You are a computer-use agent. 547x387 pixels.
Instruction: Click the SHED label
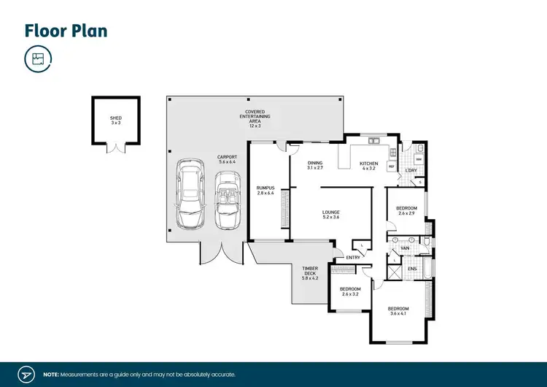point(116,120)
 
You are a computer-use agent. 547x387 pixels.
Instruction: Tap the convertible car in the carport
point(228,199)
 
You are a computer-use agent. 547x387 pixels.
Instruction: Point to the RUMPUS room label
point(265,190)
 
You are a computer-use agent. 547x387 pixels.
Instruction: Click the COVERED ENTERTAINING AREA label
point(256,118)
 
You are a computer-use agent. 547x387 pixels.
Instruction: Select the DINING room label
point(315,166)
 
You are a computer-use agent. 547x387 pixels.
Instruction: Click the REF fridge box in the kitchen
point(391,167)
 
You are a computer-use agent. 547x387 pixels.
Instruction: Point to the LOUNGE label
point(332,215)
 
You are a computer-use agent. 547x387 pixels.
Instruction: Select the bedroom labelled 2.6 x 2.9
point(406,210)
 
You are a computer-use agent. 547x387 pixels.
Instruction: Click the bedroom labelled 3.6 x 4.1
point(398,311)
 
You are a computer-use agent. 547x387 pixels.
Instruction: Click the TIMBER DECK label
point(311,273)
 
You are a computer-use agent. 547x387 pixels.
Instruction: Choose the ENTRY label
point(353,257)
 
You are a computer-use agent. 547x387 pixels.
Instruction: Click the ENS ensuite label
point(411,269)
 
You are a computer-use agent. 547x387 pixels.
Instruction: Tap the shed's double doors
point(115,148)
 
